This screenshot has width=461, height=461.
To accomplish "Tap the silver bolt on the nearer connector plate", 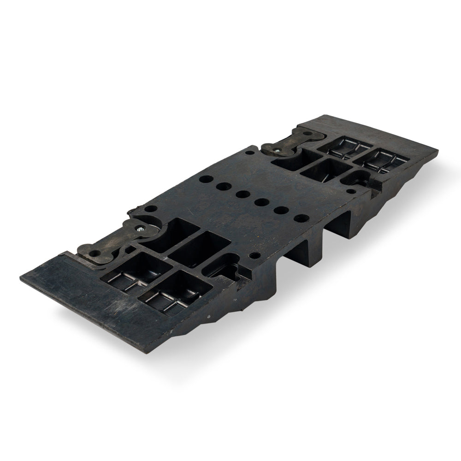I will click(138, 227).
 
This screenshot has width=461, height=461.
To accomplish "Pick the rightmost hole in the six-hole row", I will click(301, 218).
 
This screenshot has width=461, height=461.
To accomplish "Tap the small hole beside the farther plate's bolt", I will click(249, 152).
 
